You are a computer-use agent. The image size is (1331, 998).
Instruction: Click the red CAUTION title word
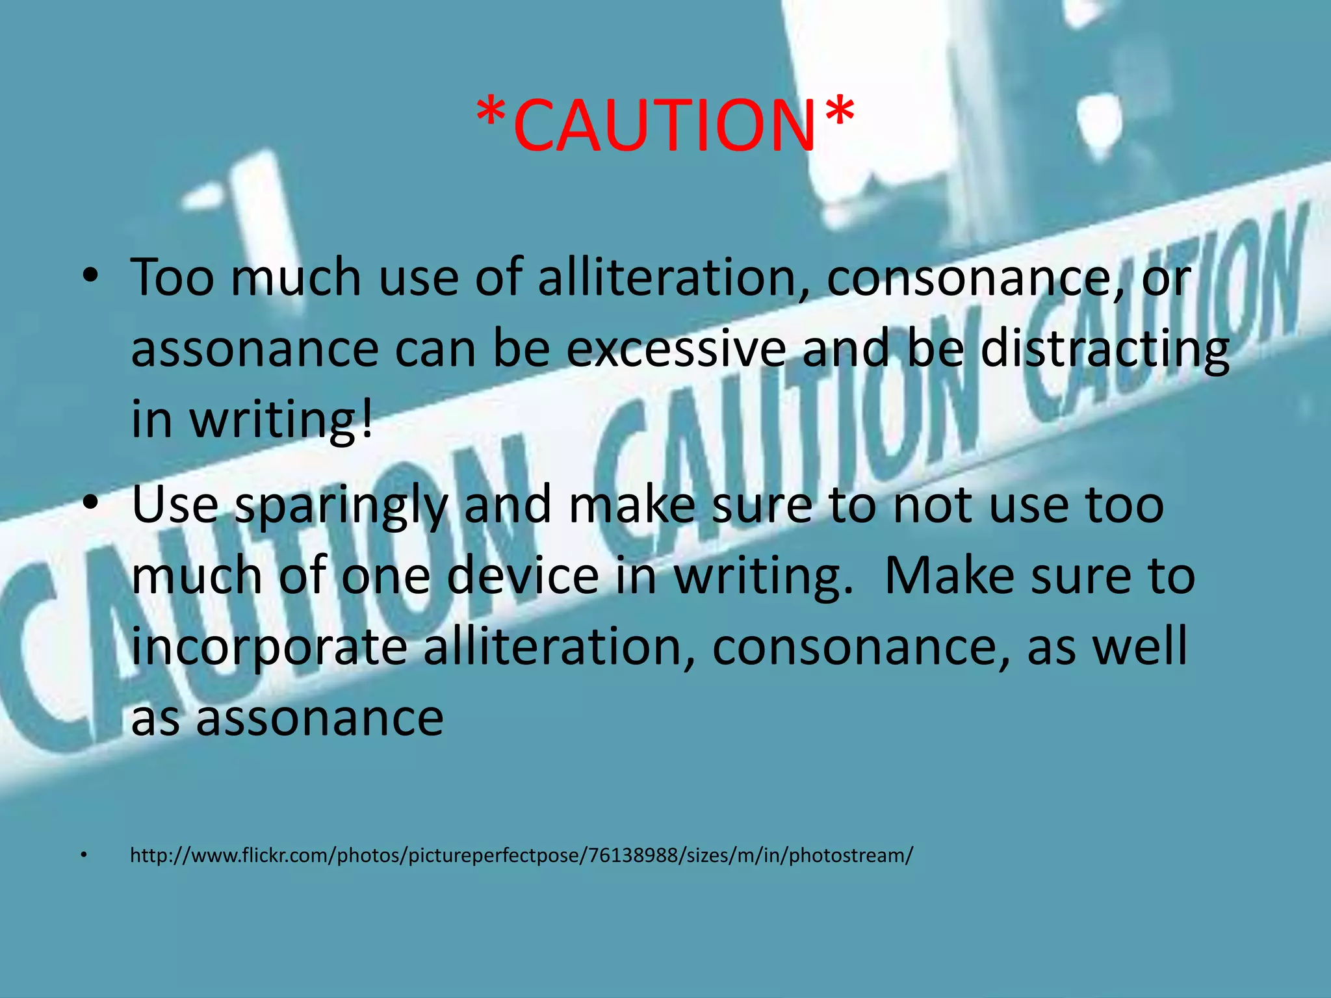(x=664, y=125)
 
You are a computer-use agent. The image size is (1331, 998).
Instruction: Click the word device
(x=523, y=576)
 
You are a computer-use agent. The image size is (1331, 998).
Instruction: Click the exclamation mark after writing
(x=367, y=419)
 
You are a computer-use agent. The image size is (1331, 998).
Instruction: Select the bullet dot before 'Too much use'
(x=90, y=275)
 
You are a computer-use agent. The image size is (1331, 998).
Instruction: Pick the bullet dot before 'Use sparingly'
(x=90, y=504)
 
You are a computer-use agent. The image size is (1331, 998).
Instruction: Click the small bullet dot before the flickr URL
(x=83, y=855)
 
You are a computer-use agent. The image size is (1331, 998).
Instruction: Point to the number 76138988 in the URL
(x=633, y=855)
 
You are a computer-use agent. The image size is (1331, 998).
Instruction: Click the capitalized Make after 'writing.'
(x=948, y=576)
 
